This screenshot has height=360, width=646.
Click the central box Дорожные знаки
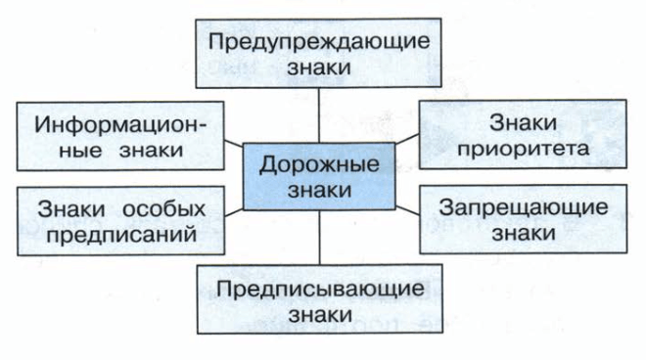point(320,176)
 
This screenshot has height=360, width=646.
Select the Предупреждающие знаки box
point(320,56)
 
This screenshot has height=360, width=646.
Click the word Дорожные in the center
point(320,163)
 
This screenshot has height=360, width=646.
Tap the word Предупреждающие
point(320,43)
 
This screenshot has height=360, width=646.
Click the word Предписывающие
point(320,289)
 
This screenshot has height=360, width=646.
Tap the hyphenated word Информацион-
point(121,124)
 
